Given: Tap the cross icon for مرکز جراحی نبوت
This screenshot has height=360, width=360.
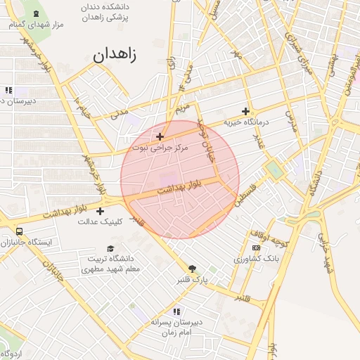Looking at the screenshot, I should pos(160,136).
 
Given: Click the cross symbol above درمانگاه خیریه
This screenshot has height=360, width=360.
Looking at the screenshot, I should pos(245,111).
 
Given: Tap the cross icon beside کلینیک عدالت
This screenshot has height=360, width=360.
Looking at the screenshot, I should pos(100,211).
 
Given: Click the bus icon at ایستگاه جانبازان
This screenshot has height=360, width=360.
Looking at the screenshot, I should pos(18,231).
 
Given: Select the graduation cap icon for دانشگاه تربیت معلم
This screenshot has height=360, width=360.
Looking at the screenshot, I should pos(110,248).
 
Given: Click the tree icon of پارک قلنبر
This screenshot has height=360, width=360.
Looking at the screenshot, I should pos(192,269).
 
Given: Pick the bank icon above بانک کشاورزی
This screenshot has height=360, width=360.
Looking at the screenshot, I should pos(256,247).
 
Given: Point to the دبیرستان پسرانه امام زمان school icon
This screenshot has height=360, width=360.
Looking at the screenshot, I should pos(176,311).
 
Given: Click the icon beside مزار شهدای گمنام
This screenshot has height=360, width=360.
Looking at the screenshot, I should pos(37,13).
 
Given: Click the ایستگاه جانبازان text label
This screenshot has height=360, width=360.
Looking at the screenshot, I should pos(31,243).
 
